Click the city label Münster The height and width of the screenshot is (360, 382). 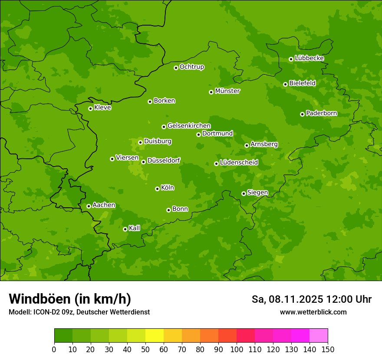[x=227, y=91]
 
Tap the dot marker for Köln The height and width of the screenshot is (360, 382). [x=157, y=189]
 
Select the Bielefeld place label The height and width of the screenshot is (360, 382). [x=303, y=83]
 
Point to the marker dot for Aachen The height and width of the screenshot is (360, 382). [x=89, y=206]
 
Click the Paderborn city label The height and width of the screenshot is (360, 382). [x=322, y=114]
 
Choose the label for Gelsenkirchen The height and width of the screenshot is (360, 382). [x=189, y=126]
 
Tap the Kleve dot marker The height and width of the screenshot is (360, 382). [x=90, y=108]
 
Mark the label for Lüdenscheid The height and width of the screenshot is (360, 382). [x=239, y=163]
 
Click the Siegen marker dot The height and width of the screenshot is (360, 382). [x=244, y=193]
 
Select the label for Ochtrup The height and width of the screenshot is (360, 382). [x=192, y=67]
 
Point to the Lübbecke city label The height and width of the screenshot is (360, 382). [x=309, y=58]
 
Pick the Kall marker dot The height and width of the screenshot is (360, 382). [x=125, y=229]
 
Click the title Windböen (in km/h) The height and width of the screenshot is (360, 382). [x=70, y=299]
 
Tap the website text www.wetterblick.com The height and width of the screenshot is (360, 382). [x=313, y=312]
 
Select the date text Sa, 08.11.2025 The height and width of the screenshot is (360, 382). [x=287, y=299]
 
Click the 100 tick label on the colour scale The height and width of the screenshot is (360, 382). [x=237, y=349]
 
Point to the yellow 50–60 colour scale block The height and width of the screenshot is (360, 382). [x=155, y=336]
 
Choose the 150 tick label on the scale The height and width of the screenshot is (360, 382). [x=328, y=349]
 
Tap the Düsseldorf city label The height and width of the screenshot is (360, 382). [x=164, y=160]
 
